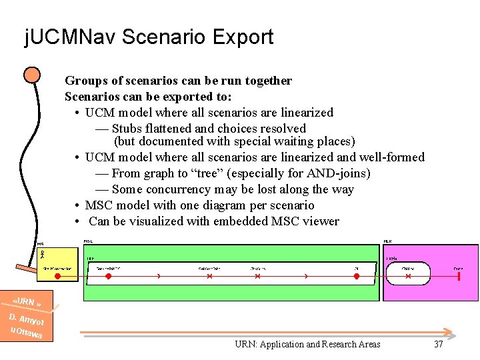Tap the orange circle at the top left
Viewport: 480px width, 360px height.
tap(31, 75)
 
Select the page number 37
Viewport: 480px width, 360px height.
tap(438, 344)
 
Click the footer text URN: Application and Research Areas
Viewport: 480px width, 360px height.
tap(307, 344)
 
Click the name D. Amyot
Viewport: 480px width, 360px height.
tap(27, 318)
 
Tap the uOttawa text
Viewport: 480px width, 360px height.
tap(27, 333)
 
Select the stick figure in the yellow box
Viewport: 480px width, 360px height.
tap(41, 254)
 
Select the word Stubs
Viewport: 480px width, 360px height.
tap(129, 129)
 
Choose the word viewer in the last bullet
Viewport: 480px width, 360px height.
tap(321, 221)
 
